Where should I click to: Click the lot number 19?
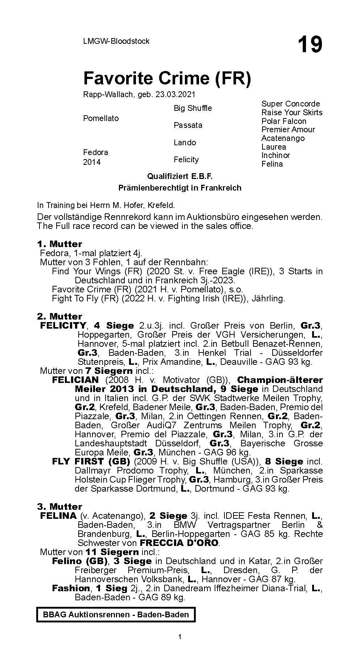point(310,45)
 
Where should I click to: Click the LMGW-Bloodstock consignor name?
point(116,41)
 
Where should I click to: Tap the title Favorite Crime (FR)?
point(167,78)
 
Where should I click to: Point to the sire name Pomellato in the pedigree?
point(101,118)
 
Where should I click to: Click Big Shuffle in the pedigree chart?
point(193,108)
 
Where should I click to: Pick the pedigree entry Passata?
point(188,125)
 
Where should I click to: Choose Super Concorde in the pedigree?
point(291,104)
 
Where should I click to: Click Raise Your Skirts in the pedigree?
point(292,112)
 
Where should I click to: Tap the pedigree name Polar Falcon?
point(284,121)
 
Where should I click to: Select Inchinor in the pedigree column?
point(276,155)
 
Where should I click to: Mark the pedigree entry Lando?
point(185,143)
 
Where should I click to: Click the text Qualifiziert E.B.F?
point(179,176)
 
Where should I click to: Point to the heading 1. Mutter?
point(59,244)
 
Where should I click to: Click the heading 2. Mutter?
point(59,316)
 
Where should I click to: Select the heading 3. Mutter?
point(59,506)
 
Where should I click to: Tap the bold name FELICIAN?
point(75,380)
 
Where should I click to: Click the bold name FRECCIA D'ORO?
point(179,543)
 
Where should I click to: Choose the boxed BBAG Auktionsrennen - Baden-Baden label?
point(116,614)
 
